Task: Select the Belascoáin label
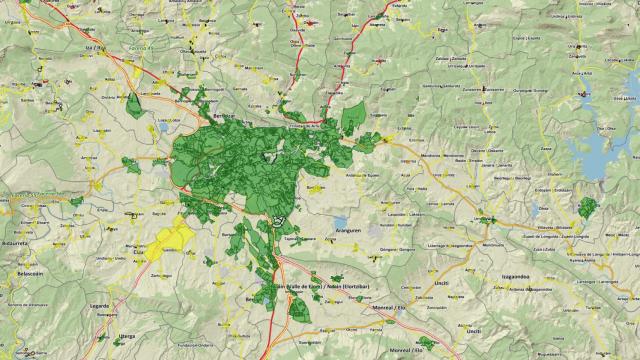tap(22, 273)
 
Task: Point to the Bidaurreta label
tap(17, 242)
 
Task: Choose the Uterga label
tap(127, 335)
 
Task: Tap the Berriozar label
tap(226, 117)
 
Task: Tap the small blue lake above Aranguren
tap(341, 221)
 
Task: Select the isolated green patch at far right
tap(587, 208)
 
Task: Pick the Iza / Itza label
tap(96, 47)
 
